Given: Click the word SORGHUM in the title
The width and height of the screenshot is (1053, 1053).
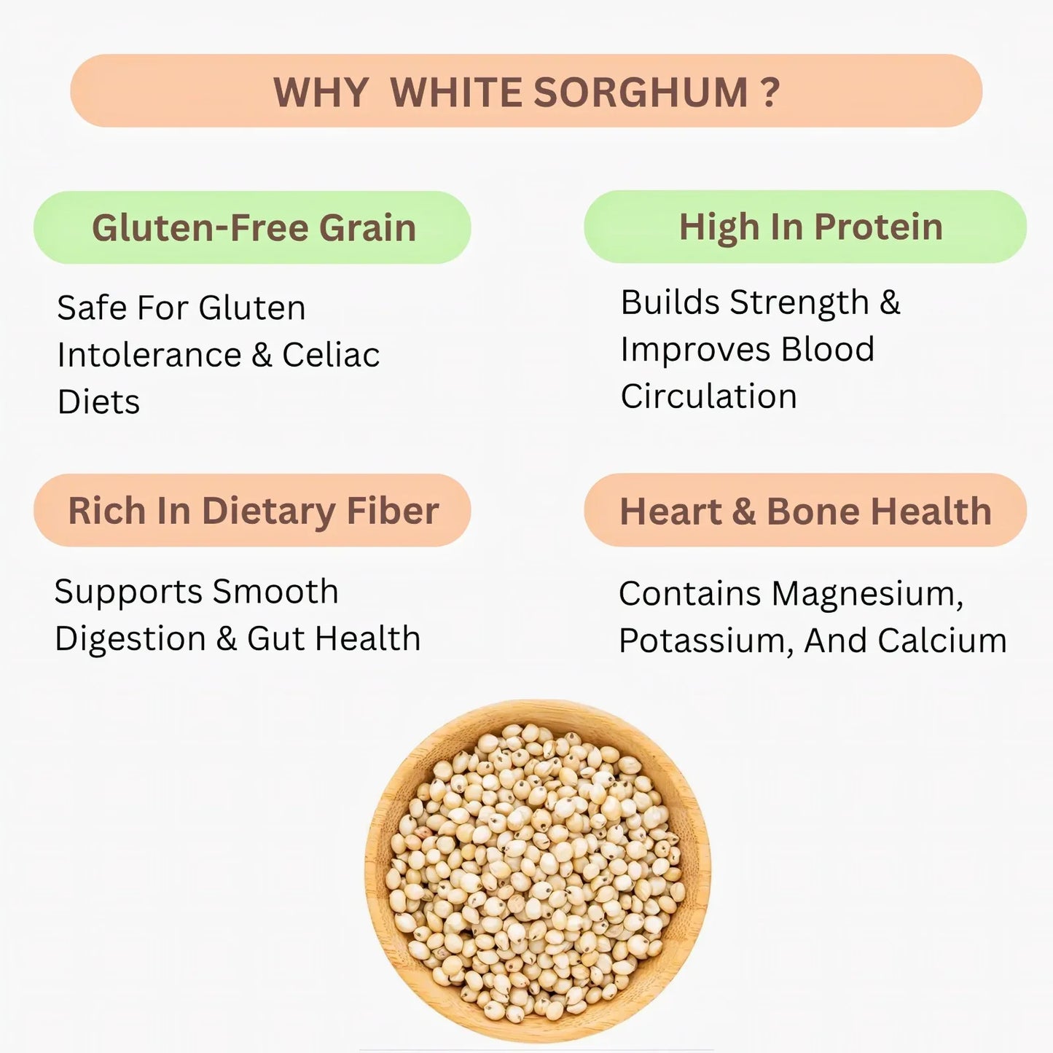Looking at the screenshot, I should pyautogui.click(x=641, y=93).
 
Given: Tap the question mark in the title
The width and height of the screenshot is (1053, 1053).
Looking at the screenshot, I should pyautogui.click(x=770, y=93).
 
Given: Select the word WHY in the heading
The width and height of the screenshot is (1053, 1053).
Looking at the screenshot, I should pyautogui.click(x=321, y=93).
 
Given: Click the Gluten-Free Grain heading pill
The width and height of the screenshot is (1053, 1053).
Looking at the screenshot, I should pyautogui.click(x=252, y=227).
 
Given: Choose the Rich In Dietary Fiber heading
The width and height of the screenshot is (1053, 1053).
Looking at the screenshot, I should pyautogui.click(x=252, y=510).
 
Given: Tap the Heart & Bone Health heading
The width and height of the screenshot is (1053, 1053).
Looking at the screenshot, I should pyautogui.click(x=805, y=510).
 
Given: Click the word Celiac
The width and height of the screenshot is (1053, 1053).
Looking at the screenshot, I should pyautogui.click(x=331, y=355).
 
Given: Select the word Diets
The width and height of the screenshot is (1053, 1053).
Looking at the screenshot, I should pyautogui.click(x=98, y=402).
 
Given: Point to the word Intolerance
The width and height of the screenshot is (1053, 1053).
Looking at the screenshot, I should pyautogui.click(x=149, y=355).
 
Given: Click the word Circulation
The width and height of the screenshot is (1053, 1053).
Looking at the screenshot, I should pyautogui.click(x=708, y=396).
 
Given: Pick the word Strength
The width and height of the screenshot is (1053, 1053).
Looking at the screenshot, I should pyautogui.click(x=799, y=302).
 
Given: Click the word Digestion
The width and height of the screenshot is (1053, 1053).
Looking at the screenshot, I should pyautogui.click(x=130, y=639).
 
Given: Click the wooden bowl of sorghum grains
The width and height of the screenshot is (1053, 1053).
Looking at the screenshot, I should pyautogui.click(x=538, y=871).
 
